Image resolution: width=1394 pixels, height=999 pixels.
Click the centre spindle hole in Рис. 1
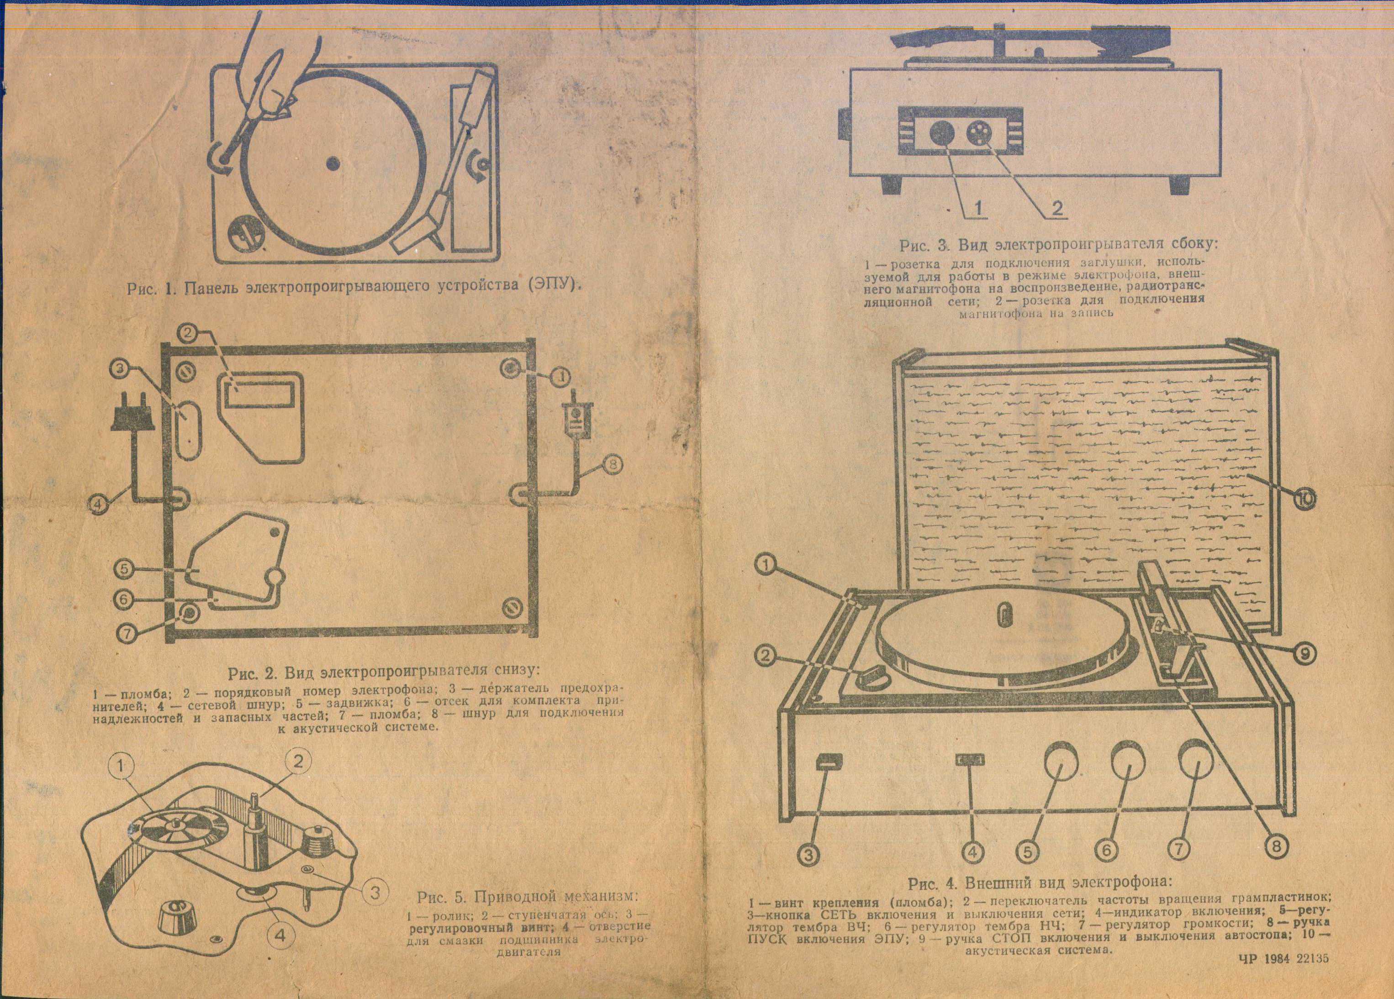[333, 163]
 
